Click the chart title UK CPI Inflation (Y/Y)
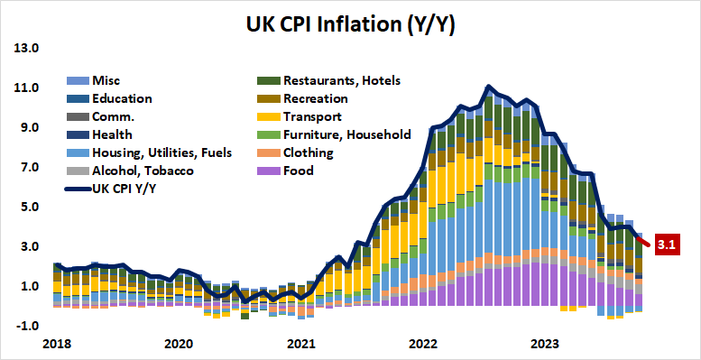[x=350, y=24]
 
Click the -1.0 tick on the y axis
[x=25, y=326]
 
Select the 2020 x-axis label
[x=179, y=344]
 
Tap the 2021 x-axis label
[x=301, y=344]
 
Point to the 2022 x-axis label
[x=424, y=344]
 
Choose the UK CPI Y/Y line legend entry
[x=125, y=189]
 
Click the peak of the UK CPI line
[x=488, y=88]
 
